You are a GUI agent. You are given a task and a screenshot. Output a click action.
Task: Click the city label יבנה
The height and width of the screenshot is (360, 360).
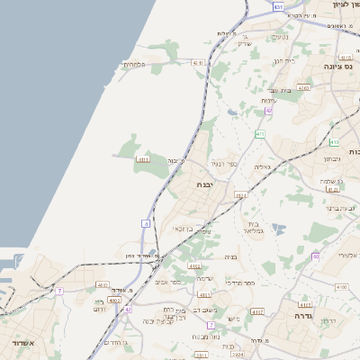206,184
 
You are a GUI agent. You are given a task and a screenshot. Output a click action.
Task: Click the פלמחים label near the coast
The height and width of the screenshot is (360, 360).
132,64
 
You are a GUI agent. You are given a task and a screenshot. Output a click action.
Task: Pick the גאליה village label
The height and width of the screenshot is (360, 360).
262,167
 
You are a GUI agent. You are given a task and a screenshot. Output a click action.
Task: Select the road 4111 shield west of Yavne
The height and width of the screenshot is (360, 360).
142,160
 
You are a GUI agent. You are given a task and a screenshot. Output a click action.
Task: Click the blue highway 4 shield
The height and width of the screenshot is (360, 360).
146,221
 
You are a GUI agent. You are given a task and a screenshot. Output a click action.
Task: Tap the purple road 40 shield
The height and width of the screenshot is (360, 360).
316,256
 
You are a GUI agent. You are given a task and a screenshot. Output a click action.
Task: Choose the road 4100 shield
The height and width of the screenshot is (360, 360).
341,286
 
